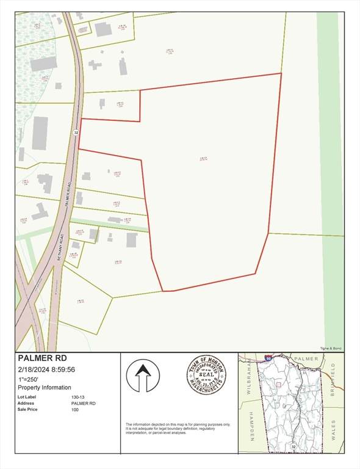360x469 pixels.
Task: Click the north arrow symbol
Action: (143, 376)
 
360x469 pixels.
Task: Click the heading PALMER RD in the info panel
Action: (42, 358)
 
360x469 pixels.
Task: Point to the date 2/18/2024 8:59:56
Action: (46, 369)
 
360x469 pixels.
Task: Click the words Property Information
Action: (45, 387)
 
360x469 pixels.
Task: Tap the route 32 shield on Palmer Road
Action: (76, 132)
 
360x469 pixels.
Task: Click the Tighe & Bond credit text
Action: (331, 348)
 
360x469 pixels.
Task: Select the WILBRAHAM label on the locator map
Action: (250, 379)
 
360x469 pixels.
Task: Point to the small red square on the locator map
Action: (278, 385)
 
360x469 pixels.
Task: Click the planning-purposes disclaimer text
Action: (178, 427)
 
